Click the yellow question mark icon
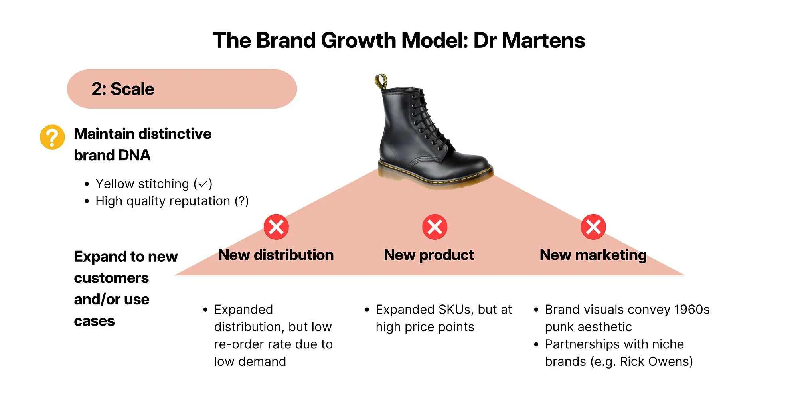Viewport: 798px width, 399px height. (x=52, y=137)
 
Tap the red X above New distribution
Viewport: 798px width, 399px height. (x=276, y=227)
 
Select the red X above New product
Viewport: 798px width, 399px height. (x=435, y=227)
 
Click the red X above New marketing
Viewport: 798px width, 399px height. (x=593, y=227)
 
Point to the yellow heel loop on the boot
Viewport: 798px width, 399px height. (x=381, y=81)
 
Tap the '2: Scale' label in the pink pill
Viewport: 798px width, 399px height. (x=123, y=89)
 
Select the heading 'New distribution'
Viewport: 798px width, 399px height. (x=276, y=255)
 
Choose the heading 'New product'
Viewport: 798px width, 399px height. (x=429, y=255)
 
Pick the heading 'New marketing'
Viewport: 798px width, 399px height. (x=593, y=255)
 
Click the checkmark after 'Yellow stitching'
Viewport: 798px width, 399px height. (x=203, y=184)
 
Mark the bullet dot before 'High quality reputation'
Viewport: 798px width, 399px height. (x=87, y=201)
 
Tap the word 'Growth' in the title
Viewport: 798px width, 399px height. (x=358, y=41)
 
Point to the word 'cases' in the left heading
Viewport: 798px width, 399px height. (x=94, y=321)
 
